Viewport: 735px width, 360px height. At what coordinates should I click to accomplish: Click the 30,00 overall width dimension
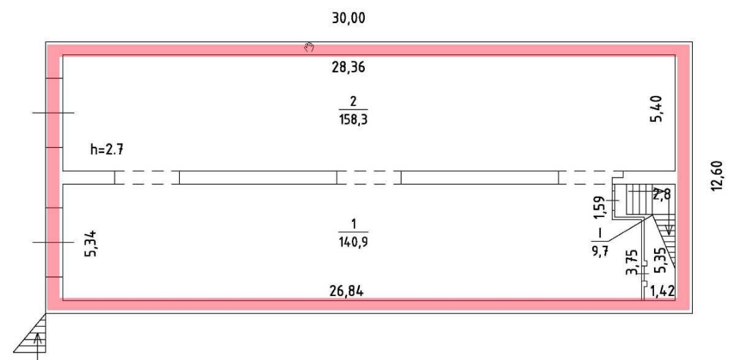coord(348,18)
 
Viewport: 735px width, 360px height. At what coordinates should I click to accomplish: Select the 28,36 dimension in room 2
coord(348,68)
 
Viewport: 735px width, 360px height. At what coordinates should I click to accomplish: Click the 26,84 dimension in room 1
coord(347,291)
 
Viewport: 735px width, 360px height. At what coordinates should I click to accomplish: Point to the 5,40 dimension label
coord(656,109)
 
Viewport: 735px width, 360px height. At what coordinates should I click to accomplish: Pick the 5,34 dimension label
coord(91,243)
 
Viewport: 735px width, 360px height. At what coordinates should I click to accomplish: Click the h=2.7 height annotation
coord(107,150)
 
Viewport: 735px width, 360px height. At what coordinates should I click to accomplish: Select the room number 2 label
coord(353,101)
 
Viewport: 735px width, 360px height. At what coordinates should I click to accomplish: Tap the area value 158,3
coord(353,120)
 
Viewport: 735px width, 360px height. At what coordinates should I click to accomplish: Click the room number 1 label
coord(353,224)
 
